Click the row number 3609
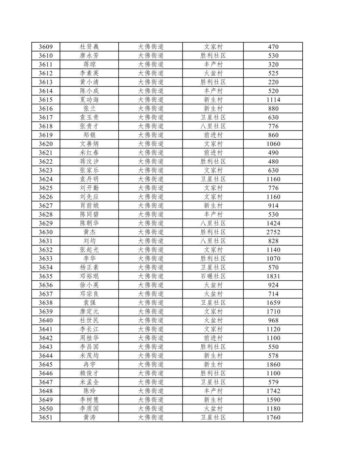pos(46,47)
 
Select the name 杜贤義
pos(89,47)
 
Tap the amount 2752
pos(273,232)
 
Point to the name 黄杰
pos(89,232)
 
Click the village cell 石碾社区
pos(213,276)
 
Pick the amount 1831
pos(273,276)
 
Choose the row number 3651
pos(46,417)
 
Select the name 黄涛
pos(89,417)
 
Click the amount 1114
pos(273,100)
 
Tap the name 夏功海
pos(89,100)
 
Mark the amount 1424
pos(273,223)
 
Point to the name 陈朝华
pos(89,223)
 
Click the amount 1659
pos(273,303)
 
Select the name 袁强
pos(89,303)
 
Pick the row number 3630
pos(46,232)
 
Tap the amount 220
pos(273,82)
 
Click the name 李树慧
pos(89,400)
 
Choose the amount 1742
pos(273,391)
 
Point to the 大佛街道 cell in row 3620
pos(151,144)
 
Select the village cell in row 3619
pos(213,135)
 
